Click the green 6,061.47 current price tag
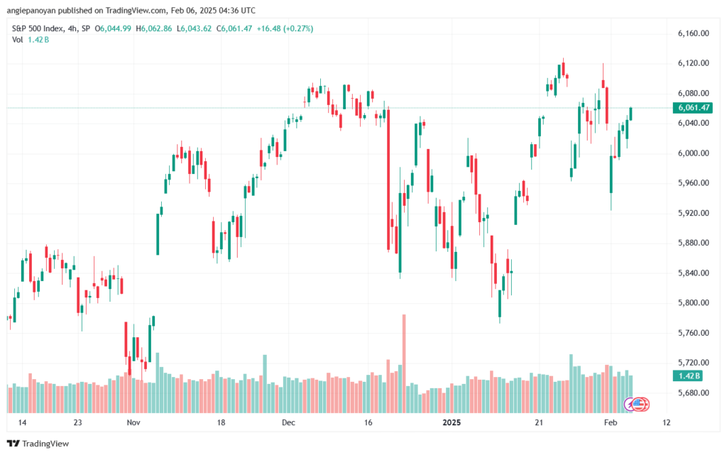click(x=694, y=108)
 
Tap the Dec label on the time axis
click(x=288, y=422)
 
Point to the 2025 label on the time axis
click(x=452, y=422)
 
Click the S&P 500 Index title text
click(x=41, y=28)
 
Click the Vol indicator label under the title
click(x=18, y=40)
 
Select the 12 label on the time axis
click(x=666, y=422)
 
